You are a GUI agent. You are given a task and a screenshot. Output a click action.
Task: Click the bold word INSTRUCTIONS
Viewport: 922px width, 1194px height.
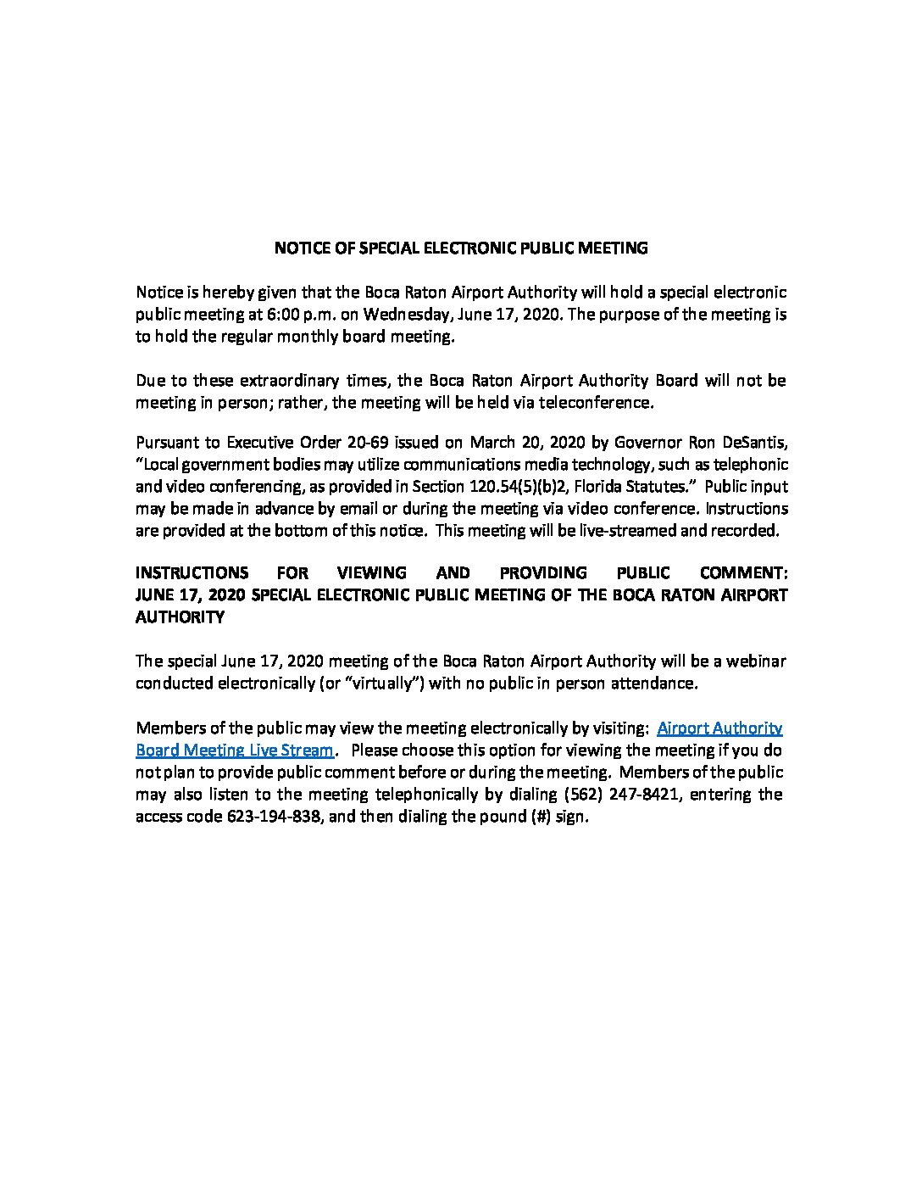tap(192, 573)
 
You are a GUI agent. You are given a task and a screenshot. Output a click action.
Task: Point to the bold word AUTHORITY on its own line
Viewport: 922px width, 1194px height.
tap(181, 617)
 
